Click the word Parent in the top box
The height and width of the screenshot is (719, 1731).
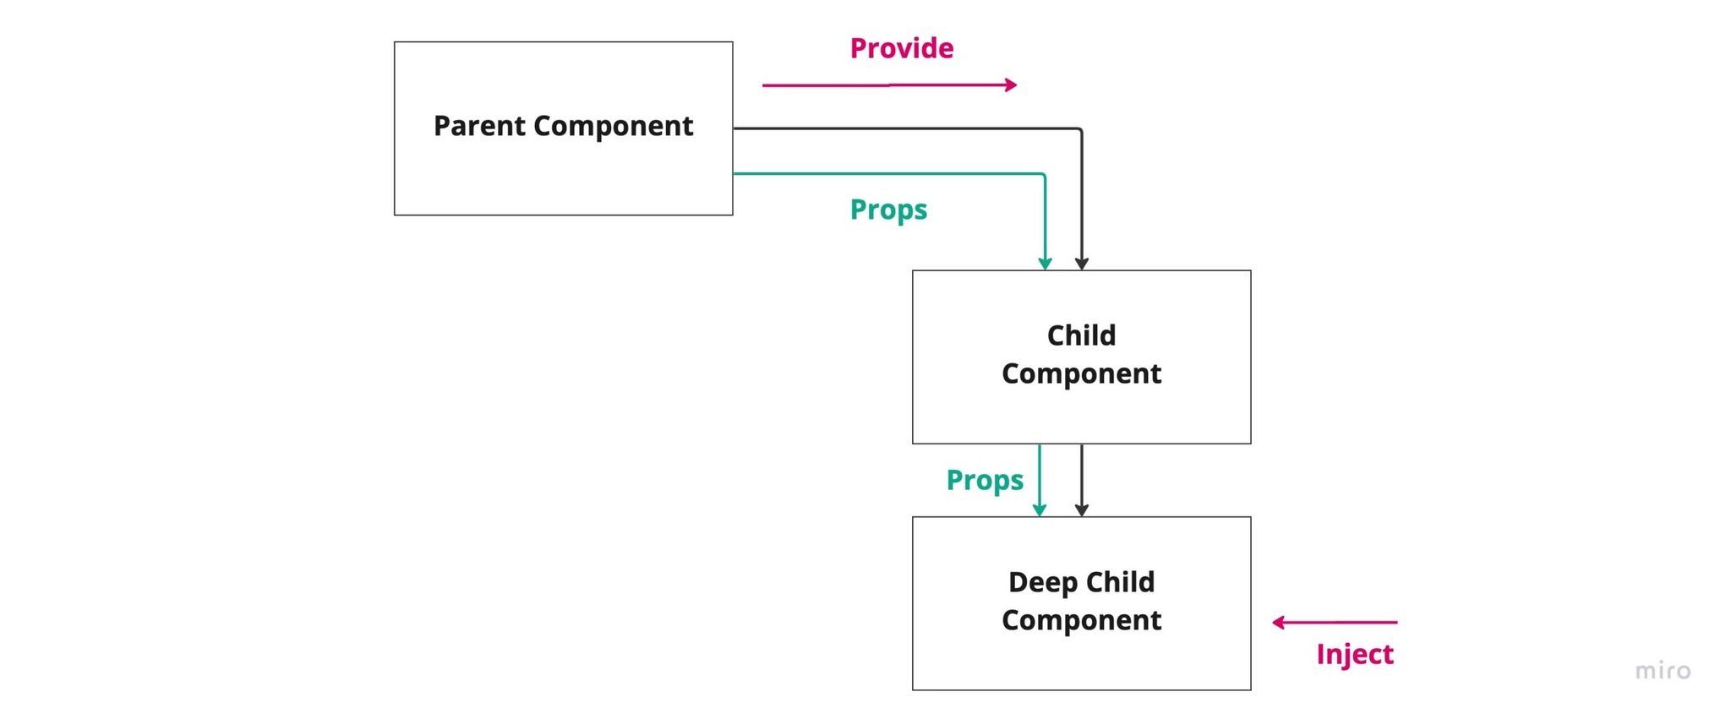(x=479, y=126)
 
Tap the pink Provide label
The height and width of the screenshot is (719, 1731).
(x=901, y=48)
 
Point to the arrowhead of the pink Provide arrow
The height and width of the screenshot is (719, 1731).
(x=1011, y=84)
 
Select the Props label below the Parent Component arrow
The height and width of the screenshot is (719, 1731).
(x=888, y=210)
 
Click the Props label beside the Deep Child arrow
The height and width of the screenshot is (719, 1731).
(x=985, y=480)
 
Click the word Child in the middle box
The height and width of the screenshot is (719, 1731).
(x=1081, y=335)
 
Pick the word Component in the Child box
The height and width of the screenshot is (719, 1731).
(x=1081, y=373)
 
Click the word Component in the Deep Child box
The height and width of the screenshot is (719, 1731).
(x=1081, y=620)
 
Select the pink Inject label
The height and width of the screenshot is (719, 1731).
(x=1354, y=654)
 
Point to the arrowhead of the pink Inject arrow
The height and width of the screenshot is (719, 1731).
(x=1278, y=623)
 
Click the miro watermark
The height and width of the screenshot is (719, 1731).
(x=1663, y=671)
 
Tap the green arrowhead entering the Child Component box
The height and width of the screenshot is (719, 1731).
(x=1045, y=264)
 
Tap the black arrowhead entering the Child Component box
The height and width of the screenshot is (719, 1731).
(x=1081, y=264)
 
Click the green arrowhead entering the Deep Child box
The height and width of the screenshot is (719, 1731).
(x=1040, y=510)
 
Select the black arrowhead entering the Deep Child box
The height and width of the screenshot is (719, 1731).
(x=1081, y=510)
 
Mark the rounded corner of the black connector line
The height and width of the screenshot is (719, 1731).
(x=1079, y=130)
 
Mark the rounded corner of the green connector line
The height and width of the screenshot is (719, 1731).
(x=1043, y=176)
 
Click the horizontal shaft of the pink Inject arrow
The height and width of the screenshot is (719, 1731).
(x=1344, y=623)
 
